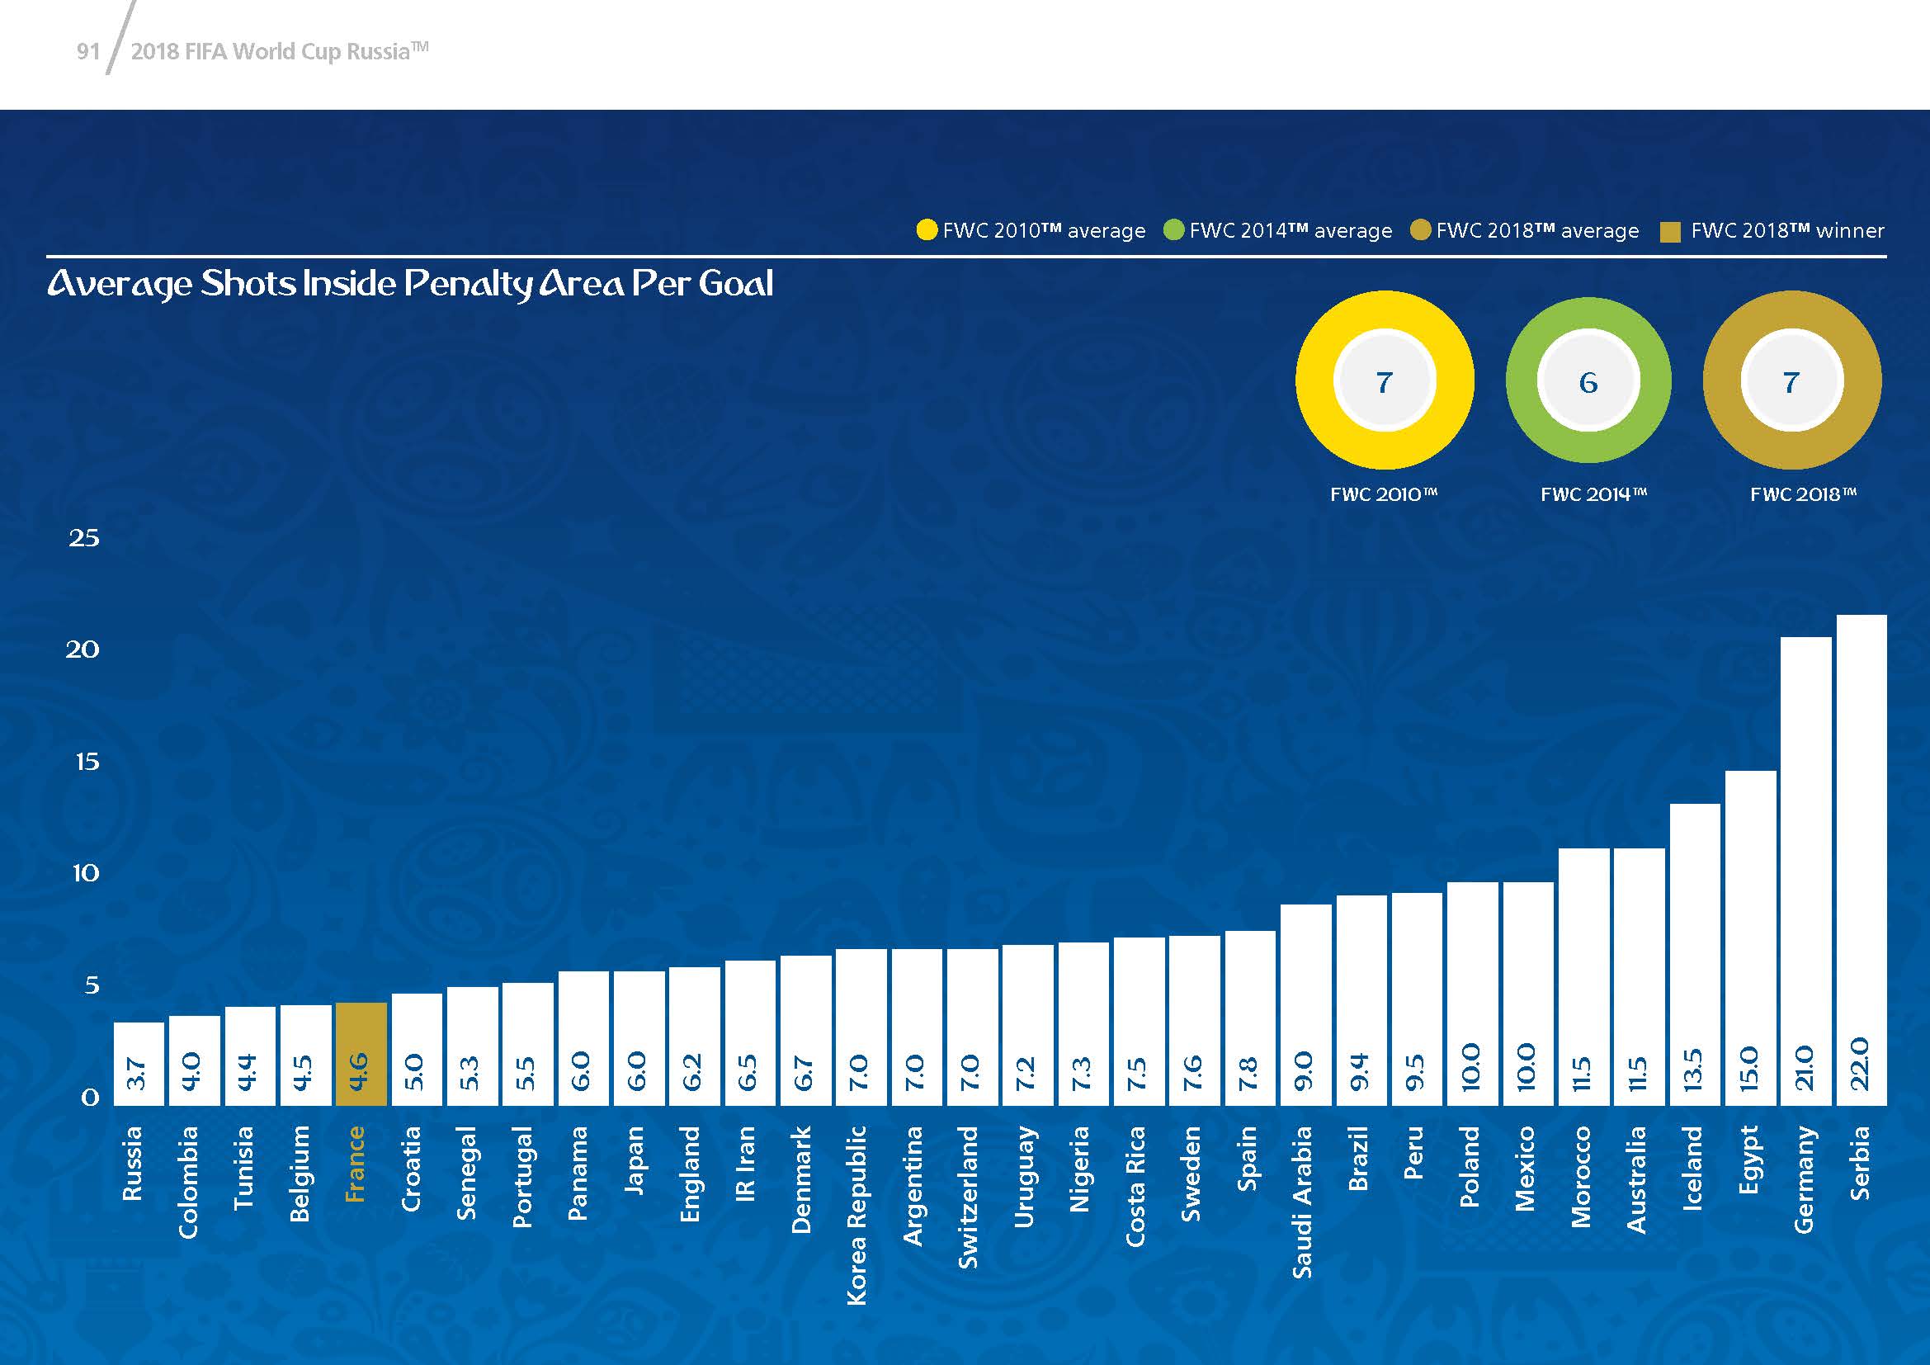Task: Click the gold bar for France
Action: pyautogui.click(x=361, y=1054)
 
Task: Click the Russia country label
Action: pyautogui.click(x=133, y=1164)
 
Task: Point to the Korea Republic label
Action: pyautogui.click(x=856, y=1216)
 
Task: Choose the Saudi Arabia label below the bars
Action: pyautogui.click(x=1302, y=1202)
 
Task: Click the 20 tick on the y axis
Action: pyautogui.click(x=83, y=649)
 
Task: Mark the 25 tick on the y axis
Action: pyautogui.click(x=83, y=538)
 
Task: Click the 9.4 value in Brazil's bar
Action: pyautogui.click(x=1359, y=1072)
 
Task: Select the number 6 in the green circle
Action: pyautogui.click(x=1588, y=382)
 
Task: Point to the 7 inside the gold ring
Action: pyautogui.click(x=1791, y=382)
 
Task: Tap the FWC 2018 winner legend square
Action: pyautogui.click(x=1670, y=232)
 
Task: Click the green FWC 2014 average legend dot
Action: pyautogui.click(x=1173, y=229)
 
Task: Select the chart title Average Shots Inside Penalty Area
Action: pyautogui.click(x=410, y=284)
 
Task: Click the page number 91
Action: pyautogui.click(x=88, y=52)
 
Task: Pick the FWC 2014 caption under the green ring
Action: pyautogui.click(x=1593, y=494)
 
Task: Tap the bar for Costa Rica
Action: pyautogui.click(x=1139, y=1020)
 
